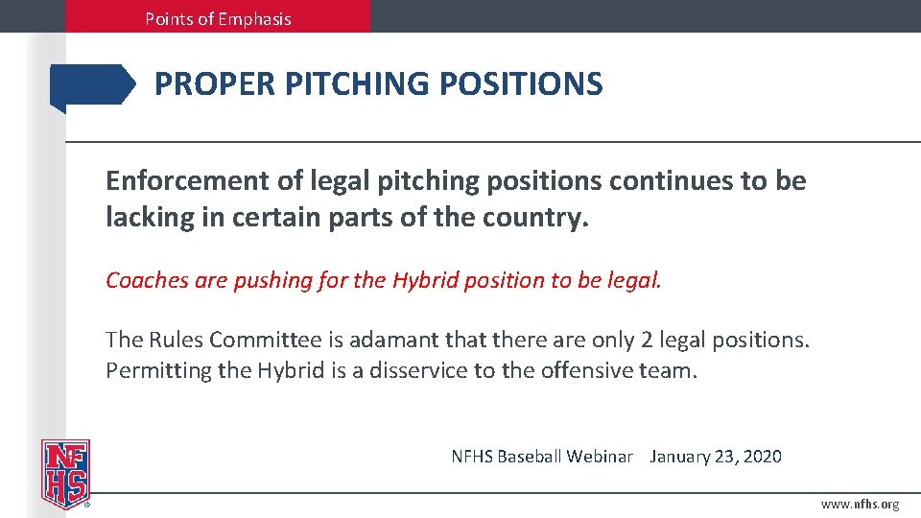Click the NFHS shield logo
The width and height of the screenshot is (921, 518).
pyautogui.click(x=64, y=473)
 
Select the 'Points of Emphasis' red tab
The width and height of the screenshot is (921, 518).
pyautogui.click(x=218, y=17)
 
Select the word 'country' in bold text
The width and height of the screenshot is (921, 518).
pyautogui.click(x=533, y=217)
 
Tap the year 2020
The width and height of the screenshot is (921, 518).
pyautogui.click(x=762, y=457)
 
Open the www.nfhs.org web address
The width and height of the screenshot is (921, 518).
pyautogui.click(x=861, y=505)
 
